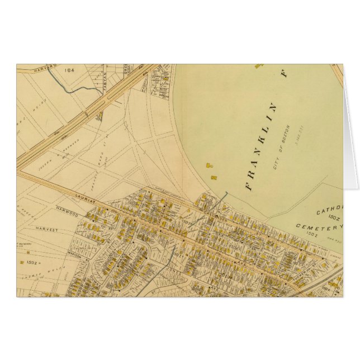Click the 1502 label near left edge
[x=31, y=261]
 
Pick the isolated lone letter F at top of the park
[x=283, y=73]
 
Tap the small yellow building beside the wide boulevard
[x=100, y=117]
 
